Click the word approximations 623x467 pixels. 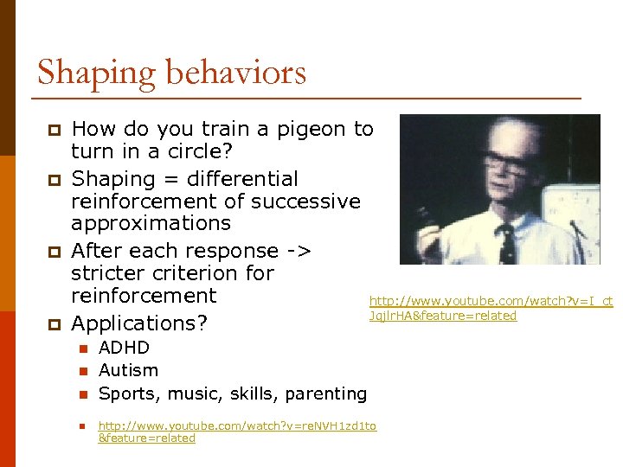[151, 223]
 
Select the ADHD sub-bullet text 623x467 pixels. [124, 348]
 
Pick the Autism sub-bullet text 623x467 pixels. [128, 370]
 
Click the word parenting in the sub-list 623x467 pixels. [327, 393]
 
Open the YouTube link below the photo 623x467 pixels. [491, 308]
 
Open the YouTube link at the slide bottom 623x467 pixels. [237, 432]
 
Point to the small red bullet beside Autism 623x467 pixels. [83, 371]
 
